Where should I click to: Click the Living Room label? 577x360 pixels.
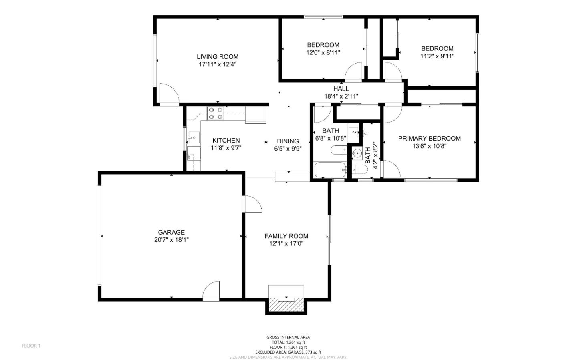[217, 57]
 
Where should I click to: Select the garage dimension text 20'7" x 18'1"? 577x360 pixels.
[171, 240]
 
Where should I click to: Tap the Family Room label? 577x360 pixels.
[286, 236]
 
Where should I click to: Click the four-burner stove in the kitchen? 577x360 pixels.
[215, 113]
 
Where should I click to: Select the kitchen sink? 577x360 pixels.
[193, 137]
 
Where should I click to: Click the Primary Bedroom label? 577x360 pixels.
[429, 139]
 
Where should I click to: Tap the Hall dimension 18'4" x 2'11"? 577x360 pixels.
[341, 96]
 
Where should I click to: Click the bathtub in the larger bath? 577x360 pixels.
[331, 170]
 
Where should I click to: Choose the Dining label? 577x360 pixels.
[288, 141]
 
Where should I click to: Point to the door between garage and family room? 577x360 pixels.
[252, 204]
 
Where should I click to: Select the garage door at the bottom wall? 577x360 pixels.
[211, 291]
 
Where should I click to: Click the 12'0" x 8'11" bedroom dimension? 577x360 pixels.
[323, 52]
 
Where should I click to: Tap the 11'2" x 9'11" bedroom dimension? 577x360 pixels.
[437, 56]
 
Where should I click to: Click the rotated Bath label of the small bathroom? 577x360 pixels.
[368, 155]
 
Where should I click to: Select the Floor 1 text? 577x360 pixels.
[31, 346]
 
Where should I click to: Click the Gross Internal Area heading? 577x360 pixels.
[288, 337]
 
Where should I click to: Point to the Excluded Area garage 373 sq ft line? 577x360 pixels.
[288, 352]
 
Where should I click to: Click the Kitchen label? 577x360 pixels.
[226, 141]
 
